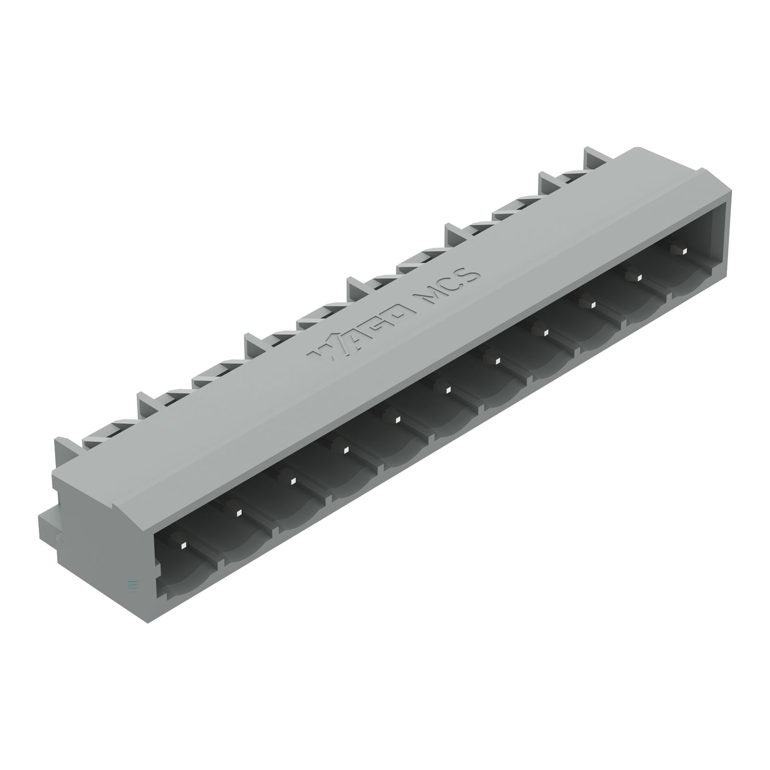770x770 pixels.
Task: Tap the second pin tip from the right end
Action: (640, 278)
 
